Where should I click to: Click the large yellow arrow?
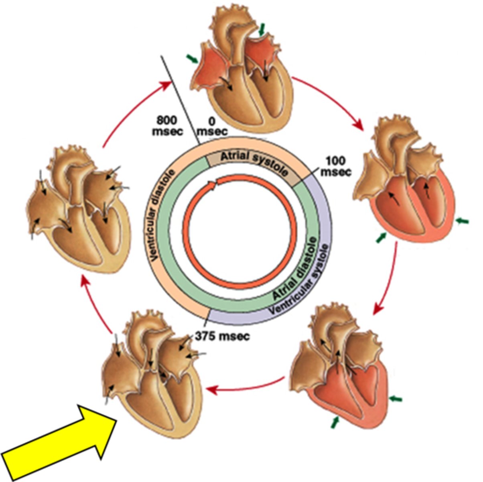coord(56,442)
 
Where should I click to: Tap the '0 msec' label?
coord(212,125)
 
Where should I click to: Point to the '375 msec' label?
coord(222,335)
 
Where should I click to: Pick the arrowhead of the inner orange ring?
coord(213,184)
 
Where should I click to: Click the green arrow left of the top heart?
coord(192,59)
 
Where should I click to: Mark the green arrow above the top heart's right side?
coord(262,29)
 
